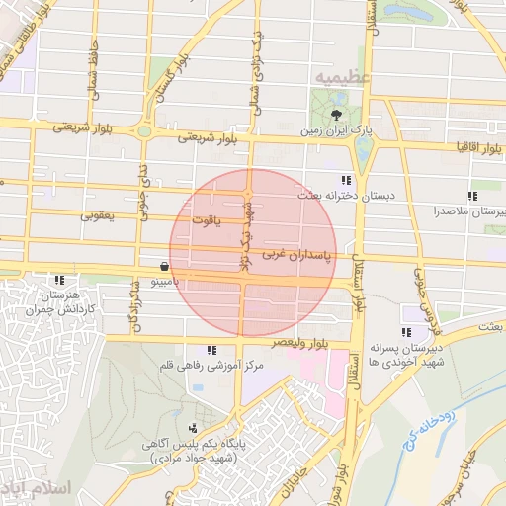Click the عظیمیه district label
[x=341, y=76]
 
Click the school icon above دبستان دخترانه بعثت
[x=345, y=180]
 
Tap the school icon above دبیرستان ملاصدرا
[x=472, y=196]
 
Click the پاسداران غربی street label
[x=299, y=256]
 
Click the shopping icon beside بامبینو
[x=163, y=266]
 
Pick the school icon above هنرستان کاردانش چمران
[x=59, y=280]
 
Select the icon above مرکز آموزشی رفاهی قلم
[x=211, y=350]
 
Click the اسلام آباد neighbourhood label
[x=40, y=489]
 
